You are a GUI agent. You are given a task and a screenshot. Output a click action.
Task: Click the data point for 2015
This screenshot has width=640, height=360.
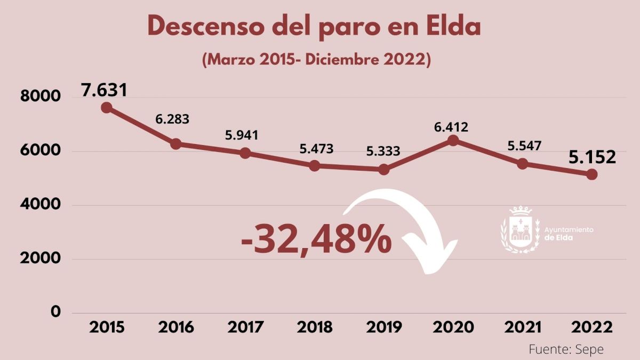(106, 108)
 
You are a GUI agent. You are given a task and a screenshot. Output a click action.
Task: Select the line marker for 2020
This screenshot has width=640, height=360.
(453, 140)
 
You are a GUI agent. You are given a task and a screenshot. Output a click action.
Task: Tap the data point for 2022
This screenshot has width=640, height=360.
(591, 174)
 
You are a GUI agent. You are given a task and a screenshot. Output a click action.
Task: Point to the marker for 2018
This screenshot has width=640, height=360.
(314, 166)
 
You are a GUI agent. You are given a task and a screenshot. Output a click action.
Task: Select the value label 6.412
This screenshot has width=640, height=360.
(451, 127)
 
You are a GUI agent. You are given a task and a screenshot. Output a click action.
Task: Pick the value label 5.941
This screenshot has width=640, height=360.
(242, 135)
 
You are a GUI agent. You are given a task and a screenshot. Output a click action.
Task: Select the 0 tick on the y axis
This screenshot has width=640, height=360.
(55, 312)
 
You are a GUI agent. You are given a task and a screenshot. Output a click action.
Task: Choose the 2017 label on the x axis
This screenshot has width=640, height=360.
(245, 327)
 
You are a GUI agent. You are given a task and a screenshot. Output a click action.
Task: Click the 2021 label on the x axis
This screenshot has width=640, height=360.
(523, 327)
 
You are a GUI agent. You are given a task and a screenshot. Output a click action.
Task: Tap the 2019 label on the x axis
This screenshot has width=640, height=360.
(384, 327)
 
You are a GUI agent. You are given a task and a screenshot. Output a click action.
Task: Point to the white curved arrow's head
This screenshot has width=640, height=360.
(429, 256)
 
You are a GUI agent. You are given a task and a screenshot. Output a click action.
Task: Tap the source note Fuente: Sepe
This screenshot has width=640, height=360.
(566, 349)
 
